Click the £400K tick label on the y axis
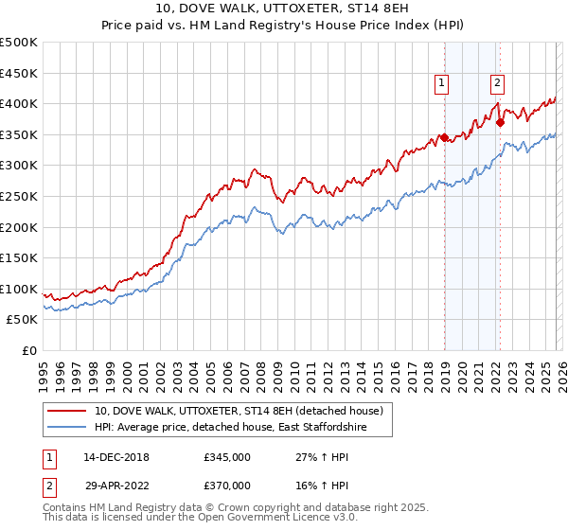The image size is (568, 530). (x=19, y=103)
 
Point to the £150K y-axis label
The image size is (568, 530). (x=19, y=258)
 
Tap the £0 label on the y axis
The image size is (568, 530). (x=28, y=351)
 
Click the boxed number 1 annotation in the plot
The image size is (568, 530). (x=441, y=83)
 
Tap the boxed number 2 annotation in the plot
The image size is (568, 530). (x=497, y=83)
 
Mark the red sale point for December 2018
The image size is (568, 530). (x=444, y=137)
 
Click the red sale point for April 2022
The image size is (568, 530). (x=500, y=121)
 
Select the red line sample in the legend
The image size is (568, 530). (x=67, y=411)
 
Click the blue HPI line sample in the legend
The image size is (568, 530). (x=67, y=428)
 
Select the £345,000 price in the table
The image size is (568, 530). (x=227, y=457)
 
